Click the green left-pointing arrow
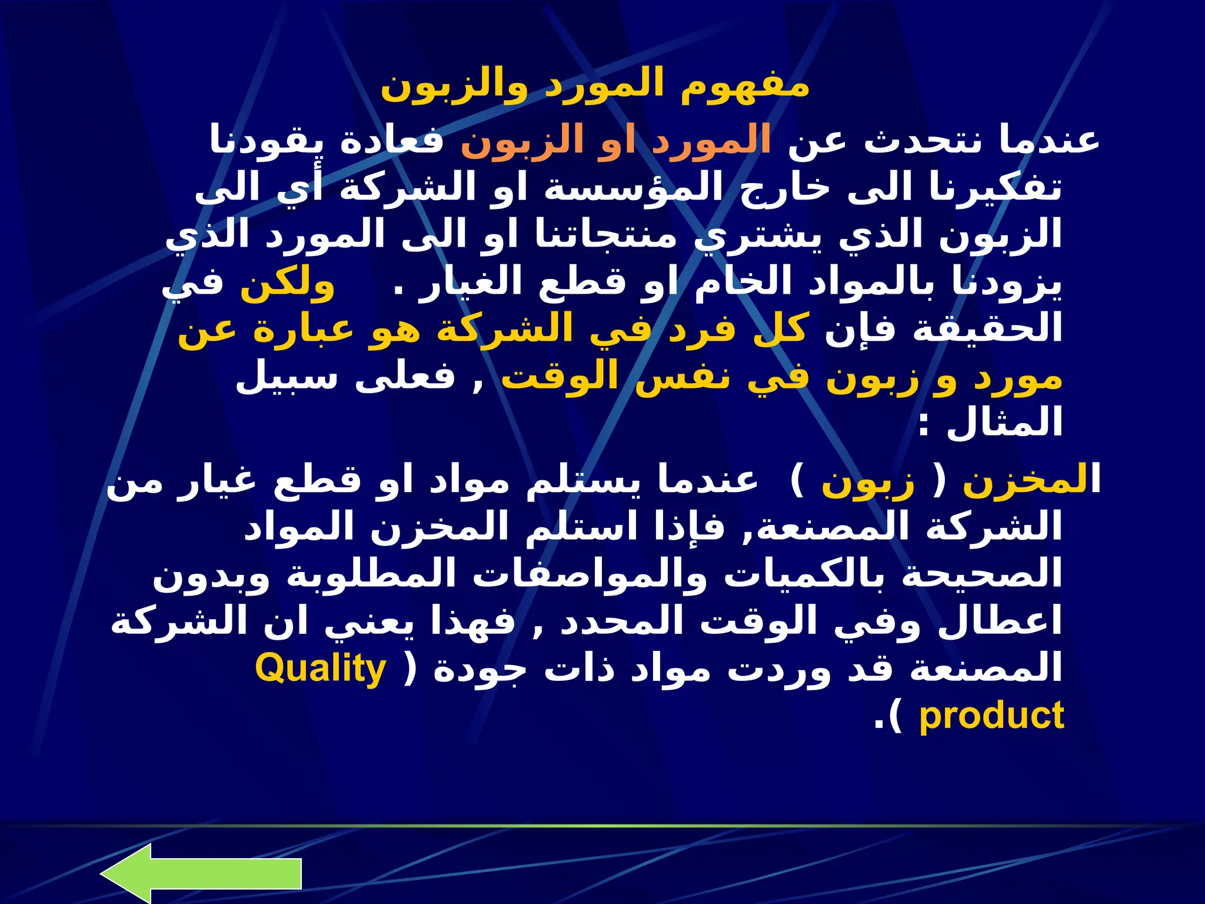point(200,874)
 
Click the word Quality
point(321,670)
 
